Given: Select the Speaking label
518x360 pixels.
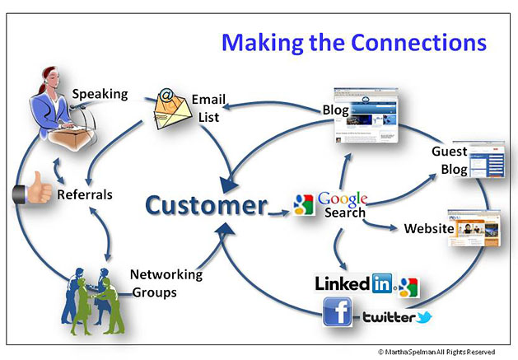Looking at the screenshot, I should pos(100,93).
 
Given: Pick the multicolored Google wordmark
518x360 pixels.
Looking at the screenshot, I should pos(342,199).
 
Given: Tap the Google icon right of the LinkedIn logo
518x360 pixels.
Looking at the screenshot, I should pos(408,287).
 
